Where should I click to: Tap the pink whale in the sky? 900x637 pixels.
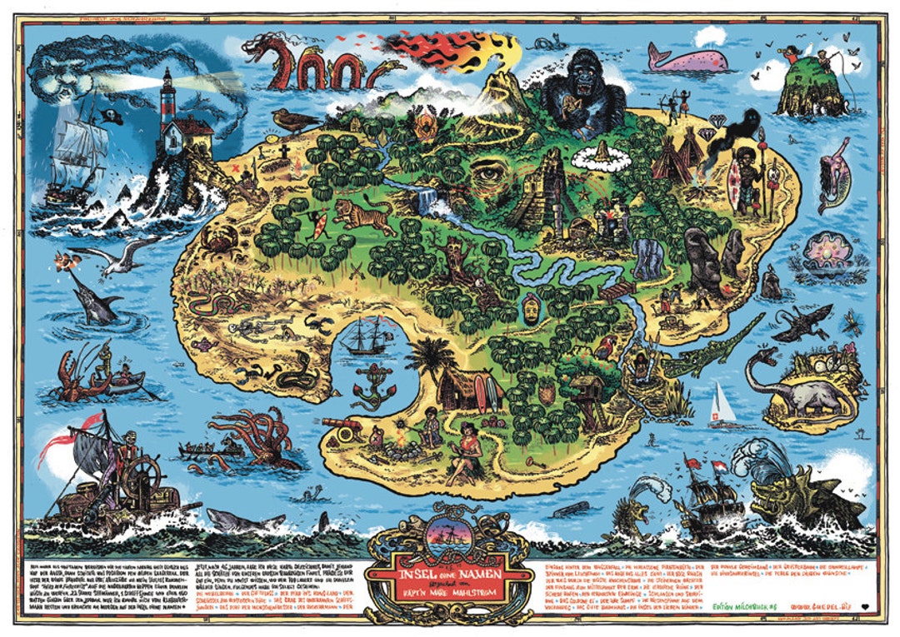click(x=688, y=58)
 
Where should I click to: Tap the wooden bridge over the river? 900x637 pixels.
click(x=617, y=290)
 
